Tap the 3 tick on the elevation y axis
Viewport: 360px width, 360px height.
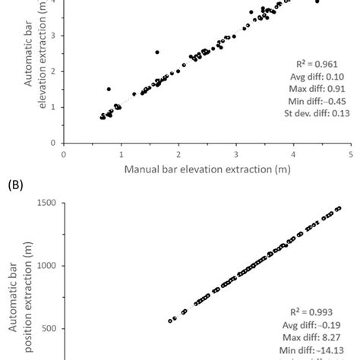coord(52,36)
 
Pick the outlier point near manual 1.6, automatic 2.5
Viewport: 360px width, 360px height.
coord(156,52)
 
